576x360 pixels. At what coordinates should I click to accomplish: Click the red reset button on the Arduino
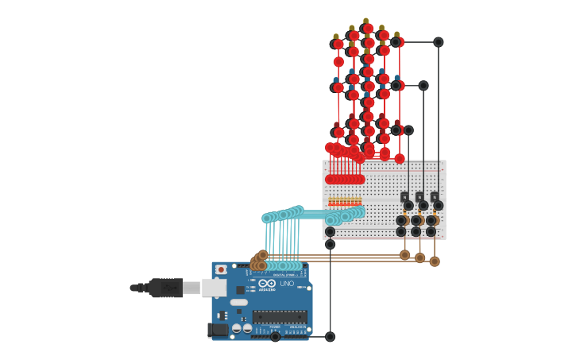(x=221, y=269)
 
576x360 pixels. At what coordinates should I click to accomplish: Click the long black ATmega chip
(x=280, y=316)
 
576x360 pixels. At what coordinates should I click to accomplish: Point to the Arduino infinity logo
(x=267, y=283)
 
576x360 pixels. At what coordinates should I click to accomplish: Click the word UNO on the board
(x=287, y=283)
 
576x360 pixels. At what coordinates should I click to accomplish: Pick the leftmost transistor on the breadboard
(x=405, y=197)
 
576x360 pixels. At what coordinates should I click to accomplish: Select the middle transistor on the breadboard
(x=419, y=197)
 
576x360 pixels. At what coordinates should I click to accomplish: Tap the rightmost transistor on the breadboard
(x=435, y=197)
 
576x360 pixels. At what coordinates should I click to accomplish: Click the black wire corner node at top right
(x=438, y=42)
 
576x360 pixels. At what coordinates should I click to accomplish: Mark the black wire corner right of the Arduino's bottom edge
(x=330, y=337)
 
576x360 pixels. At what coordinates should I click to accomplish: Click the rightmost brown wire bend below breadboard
(x=435, y=261)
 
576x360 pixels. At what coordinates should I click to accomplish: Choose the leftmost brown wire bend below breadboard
(x=405, y=255)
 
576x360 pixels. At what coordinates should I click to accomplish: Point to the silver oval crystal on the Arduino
(x=239, y=302)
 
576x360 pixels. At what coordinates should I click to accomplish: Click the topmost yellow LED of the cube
(x=365, y=21)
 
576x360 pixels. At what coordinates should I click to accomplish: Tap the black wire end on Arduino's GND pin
(x=275, y=337)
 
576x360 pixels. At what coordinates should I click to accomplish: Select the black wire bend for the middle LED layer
(x=423, y=86)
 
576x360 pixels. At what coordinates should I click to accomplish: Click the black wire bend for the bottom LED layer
(x=408, y=130)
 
